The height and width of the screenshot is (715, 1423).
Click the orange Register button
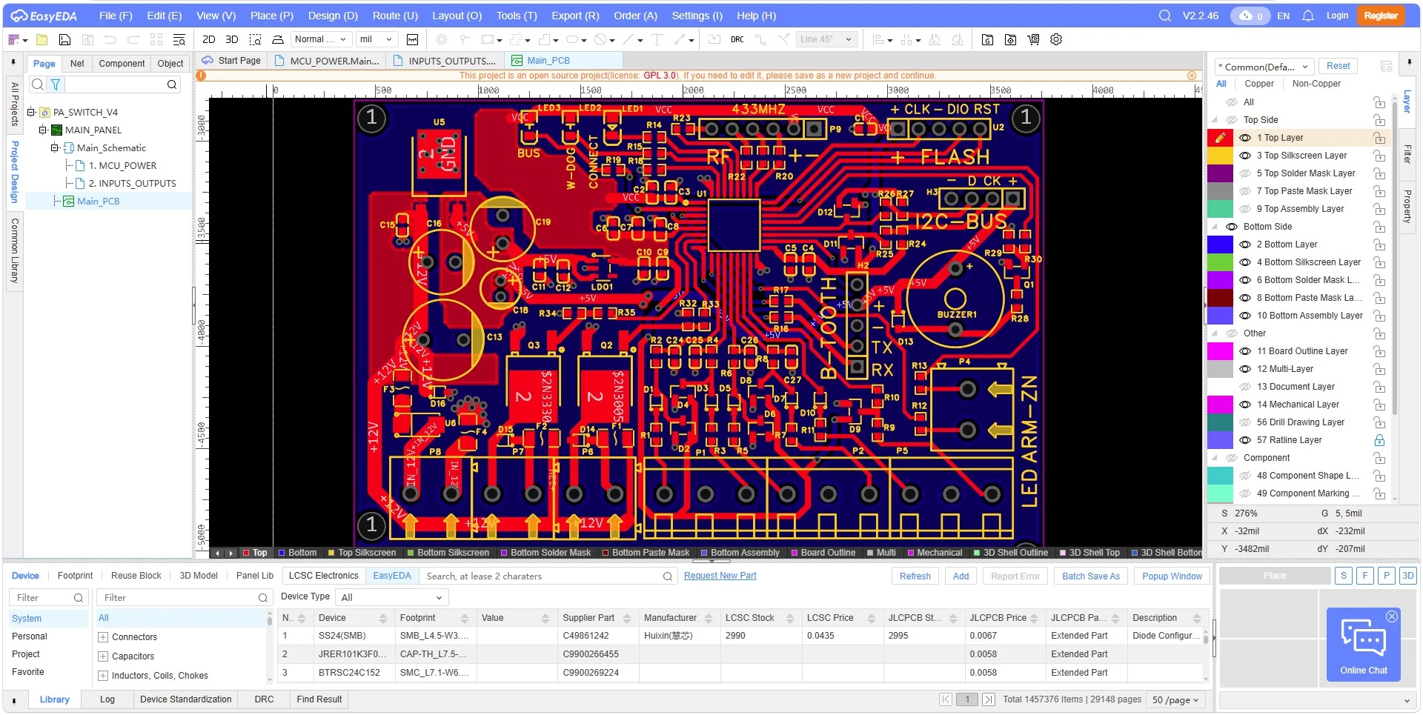tap(1380, 16)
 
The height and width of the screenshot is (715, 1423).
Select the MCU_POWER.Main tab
tap(334, 61)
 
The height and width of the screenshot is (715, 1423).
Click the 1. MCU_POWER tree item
tap(122, 166)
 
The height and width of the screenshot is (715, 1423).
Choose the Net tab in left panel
tap(77, 64)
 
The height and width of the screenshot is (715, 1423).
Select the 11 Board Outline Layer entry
tap(1302, 351)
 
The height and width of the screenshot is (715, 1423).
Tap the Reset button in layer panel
tap(1338, 66)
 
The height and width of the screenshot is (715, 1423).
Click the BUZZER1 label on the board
tap(957, 314)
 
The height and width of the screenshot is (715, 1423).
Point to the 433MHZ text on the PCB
tap(758, 109)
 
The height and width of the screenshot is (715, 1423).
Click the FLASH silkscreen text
tap(955, 157)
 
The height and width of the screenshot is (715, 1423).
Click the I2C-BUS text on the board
tap(961, 221)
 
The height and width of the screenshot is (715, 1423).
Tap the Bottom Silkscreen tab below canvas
tap(452, 553)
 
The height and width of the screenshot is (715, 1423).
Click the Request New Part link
tap(720, 576)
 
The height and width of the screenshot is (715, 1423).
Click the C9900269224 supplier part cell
tap(591, 673)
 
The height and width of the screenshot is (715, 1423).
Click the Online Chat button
tap(1363, 644)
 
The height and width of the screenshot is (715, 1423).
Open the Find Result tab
tap(319, 699)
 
